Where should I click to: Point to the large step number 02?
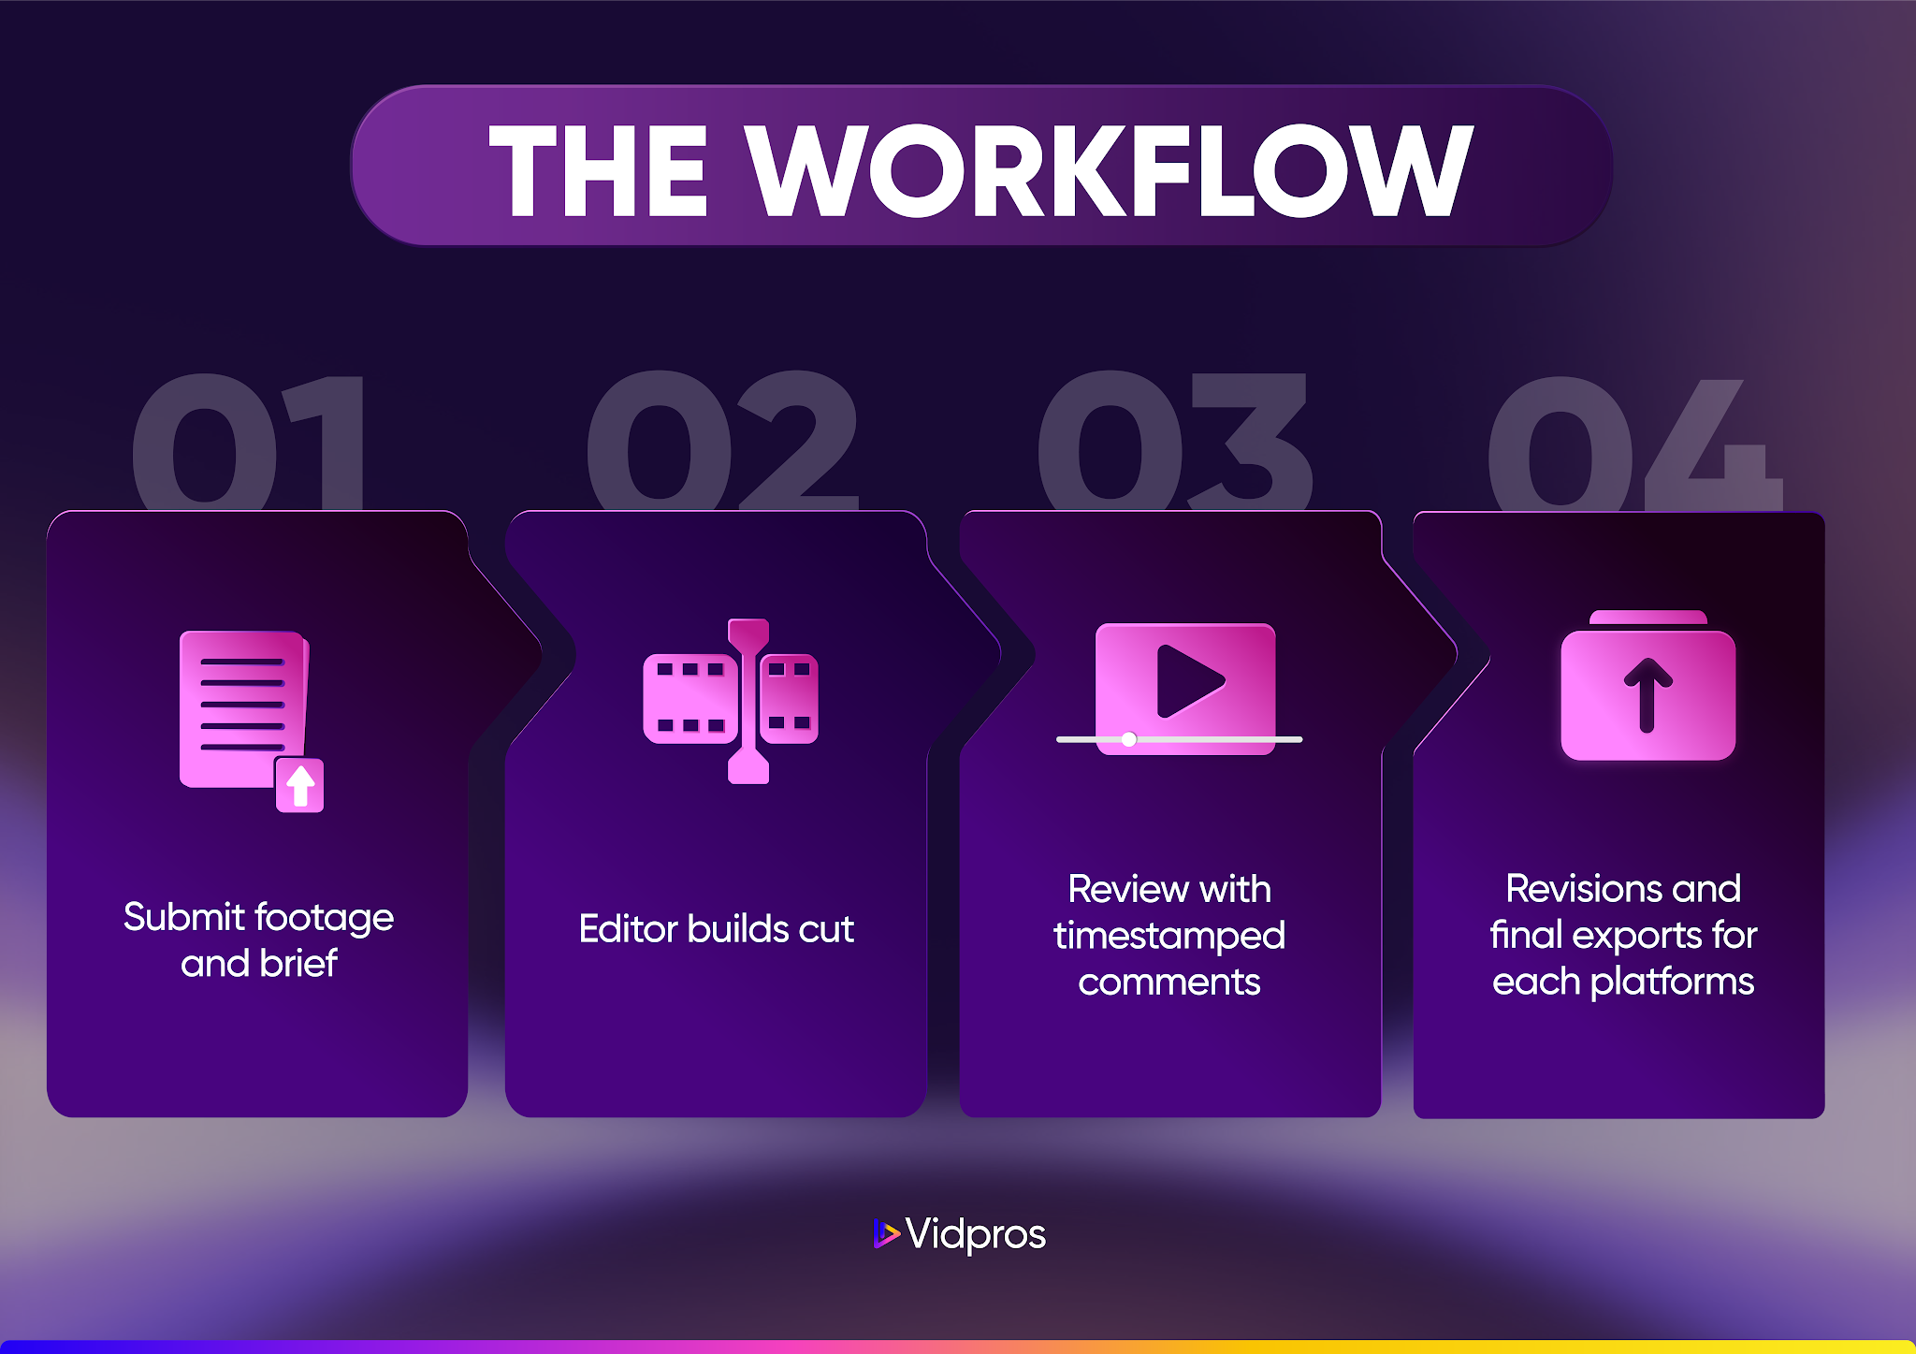[x=721, y=440]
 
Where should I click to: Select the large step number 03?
[x=1174, y=440]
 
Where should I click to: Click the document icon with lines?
[x=242, y=708]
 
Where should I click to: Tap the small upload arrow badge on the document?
[x=300, y=785]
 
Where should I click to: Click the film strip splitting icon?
[x=732, y=700]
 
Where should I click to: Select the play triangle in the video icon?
[x=1187, y=680]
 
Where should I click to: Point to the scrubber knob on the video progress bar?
[x=1129, y=739]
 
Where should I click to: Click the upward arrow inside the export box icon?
[x=1647, y=694]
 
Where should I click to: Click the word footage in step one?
[x=324, y=918]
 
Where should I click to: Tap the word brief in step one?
[x=298, y=963]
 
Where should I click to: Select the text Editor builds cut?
[x=716, y=929]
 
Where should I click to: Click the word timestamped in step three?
[x=1169, y=935]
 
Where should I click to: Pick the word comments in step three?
[x=1169, y=982]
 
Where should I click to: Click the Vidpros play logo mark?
[x=885, y=1233]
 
